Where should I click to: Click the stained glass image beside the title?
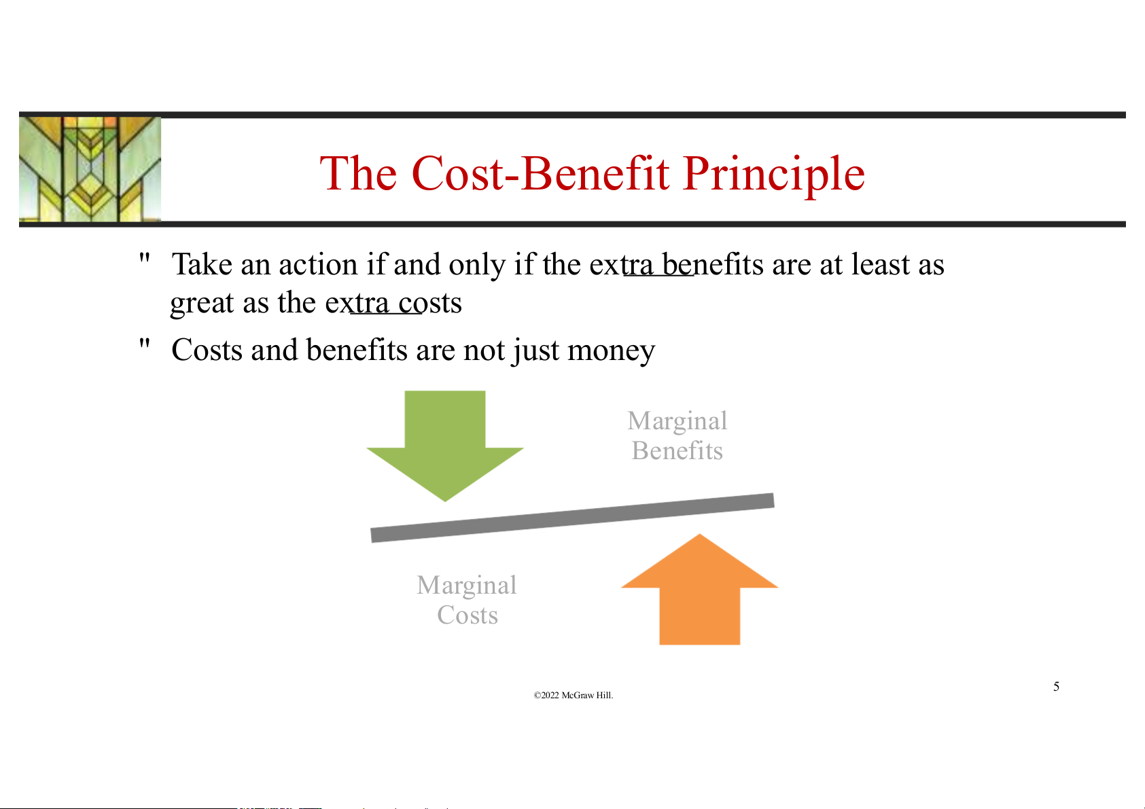tap(90, 169)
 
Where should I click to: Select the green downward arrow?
tap(444, 446)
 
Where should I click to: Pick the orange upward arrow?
tap(699, 589)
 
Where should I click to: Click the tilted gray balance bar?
tap(572, 518)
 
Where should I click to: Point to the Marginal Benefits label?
tap(677, 435)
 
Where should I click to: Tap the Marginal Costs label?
tap(467, 600)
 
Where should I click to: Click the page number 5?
tap(1056, 686)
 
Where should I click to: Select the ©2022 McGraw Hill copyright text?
tap(573, 695)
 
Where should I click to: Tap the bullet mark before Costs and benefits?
tap(145, 343)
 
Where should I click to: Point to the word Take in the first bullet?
tap(202, 265)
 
